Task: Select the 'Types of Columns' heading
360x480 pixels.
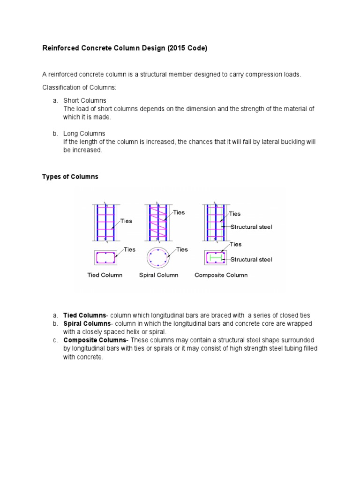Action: click(70, 177)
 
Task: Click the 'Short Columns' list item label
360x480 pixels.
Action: click(85, 101)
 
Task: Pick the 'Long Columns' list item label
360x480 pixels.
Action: click(84, 134)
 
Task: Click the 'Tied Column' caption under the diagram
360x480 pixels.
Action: click(105, 275)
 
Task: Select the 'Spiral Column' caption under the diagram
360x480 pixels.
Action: click(158, 275)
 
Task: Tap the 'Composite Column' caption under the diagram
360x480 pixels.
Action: click(221, 275)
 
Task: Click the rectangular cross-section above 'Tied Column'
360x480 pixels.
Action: click(105, 257)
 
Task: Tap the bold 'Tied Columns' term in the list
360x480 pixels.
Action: click(84, 315)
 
